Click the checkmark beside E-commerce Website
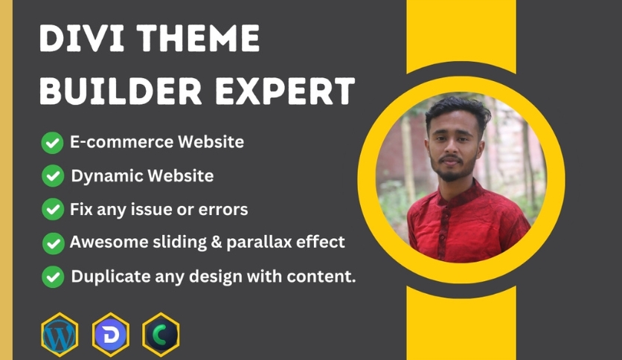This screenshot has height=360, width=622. [51, 143]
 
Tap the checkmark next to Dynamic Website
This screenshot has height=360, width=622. [51, 177]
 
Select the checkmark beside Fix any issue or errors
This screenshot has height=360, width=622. [51, 210]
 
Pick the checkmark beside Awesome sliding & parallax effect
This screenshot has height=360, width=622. [51, 243]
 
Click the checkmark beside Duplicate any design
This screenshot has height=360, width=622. [51, 277]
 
